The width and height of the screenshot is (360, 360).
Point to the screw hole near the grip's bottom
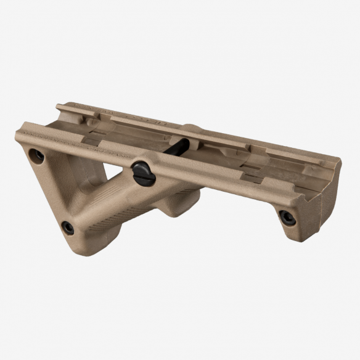coord(68,227)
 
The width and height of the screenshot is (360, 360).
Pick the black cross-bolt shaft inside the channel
coord(179,148)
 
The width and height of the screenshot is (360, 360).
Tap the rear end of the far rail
coord(60,108)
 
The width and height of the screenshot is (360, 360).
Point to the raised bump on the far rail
coord(191,129)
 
